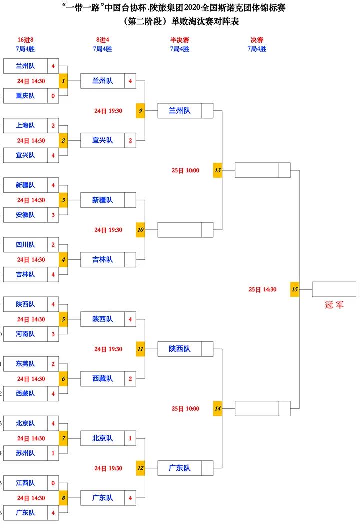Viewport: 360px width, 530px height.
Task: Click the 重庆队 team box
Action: tap(25, 96)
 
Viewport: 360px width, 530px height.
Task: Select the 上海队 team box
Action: tap(25, 126)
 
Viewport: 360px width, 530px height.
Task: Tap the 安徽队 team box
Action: tap(25, 215)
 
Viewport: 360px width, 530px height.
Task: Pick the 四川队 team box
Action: tap(25, 245)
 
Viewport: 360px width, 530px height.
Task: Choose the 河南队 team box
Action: tap(25, 334)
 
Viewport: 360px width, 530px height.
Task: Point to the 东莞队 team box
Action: tap(25, 364)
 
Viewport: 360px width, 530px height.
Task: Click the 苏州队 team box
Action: tap(25, 453)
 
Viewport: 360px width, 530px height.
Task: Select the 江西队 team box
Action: tap(25, 483)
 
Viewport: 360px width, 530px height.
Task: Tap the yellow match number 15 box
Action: tap(295, 289)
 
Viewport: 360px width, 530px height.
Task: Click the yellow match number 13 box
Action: tap(217, 170)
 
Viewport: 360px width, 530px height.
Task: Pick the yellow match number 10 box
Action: tap(140, 230)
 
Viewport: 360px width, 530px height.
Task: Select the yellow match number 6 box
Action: tap(63, 379)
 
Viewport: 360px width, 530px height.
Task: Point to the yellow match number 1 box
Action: tap(63, 81)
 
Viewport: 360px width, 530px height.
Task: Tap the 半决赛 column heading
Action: tap(179, 39)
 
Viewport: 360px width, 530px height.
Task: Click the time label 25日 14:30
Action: tap(262, 289)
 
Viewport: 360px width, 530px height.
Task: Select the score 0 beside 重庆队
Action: tap(53, 96)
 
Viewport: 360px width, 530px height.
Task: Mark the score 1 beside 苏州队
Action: tap(53, 453)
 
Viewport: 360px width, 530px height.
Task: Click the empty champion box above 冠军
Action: tap(334, 289)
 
